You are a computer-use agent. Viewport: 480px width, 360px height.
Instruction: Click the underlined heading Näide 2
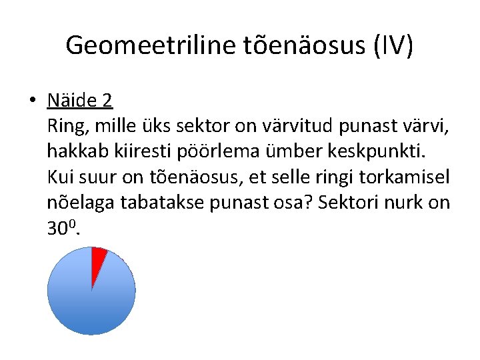[80, 101]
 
